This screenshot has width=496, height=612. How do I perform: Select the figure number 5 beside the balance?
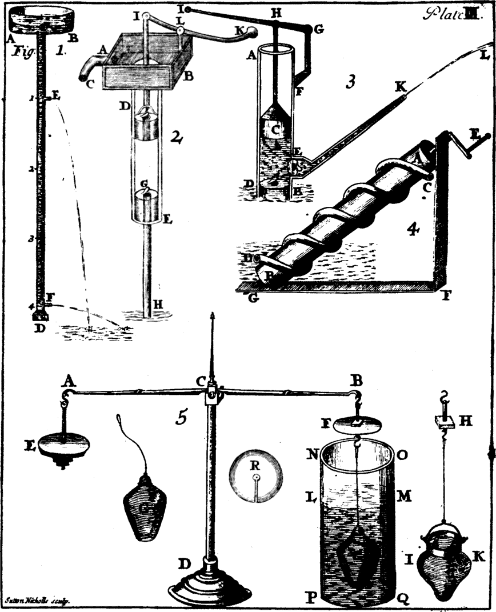click(x=181, y=418)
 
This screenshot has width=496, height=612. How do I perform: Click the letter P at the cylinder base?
click(x=312, y=597)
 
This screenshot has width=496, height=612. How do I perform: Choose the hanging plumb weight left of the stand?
click(x=144, y=506)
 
